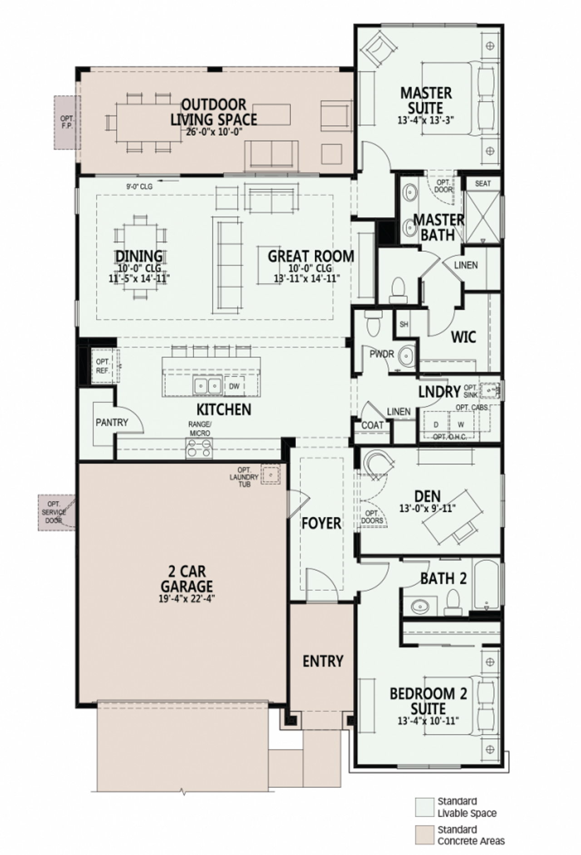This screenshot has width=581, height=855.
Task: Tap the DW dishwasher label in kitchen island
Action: pos(234,386)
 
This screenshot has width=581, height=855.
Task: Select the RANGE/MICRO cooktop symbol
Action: pos(199,449)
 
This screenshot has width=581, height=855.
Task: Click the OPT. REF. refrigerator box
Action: pos(103,366)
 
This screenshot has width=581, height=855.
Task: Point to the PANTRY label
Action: pos(112,422)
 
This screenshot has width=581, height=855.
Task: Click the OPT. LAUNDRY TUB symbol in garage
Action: pos(271,474)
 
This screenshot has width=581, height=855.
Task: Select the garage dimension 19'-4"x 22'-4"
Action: pos(187,598)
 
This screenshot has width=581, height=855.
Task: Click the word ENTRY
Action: pos(323,661)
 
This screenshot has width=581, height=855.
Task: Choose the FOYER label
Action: pos(321,523)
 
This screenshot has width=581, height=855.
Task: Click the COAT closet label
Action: pos(372,425)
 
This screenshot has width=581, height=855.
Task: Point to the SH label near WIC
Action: pos(404,324)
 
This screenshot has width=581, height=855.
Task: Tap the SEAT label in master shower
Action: pos(483,183)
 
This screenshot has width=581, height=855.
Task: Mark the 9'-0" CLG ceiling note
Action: pos(139,186)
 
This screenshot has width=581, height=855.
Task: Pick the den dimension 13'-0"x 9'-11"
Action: pos(427,509)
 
